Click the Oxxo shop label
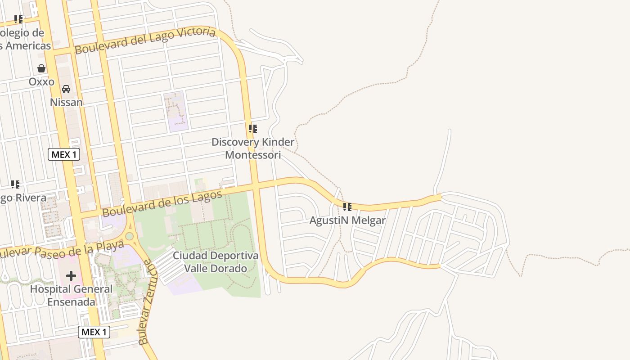click(x=41, y=82)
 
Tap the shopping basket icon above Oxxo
click(x=41, y=68)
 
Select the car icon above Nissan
click(x=66, y=89)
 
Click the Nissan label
click(x=66, y=102)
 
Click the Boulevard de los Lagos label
click(x=162, y=203)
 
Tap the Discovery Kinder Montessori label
click(x=253, y=148)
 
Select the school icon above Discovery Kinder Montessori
click(x=253, y=129)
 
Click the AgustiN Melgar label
click(x=347, y=220)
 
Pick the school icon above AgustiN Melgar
click(x=347, y=207)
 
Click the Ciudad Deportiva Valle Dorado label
click(x=216, y=262)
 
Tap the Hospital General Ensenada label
click(x=71, y=295)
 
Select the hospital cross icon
click(x=71, y=276)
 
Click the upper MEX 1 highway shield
click(x=64, y=155)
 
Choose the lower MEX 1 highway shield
click(x=94, y=333)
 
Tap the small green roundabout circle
click(x=130, y=236)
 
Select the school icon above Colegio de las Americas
click(x=18, y=19)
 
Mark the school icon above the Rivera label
click(x=15, y=184)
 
